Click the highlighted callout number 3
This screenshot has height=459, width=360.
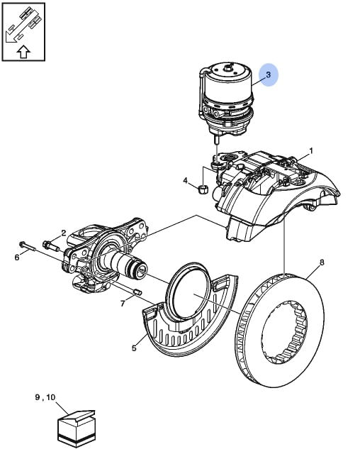coord(269,74)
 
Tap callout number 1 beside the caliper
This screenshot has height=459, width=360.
coord(311,151)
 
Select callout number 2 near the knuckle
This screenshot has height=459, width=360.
coord(64,233)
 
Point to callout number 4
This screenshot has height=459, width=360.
coord(186,181)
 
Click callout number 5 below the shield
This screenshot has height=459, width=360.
coord(134,348)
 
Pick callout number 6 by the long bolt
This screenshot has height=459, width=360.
coord(17,258)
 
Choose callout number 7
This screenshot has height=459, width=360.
coord(123,304)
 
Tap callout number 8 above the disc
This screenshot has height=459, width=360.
coord(322,262)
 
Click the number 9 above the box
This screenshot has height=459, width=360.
coord(38,397)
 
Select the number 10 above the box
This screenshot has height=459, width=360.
coord(50,397)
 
